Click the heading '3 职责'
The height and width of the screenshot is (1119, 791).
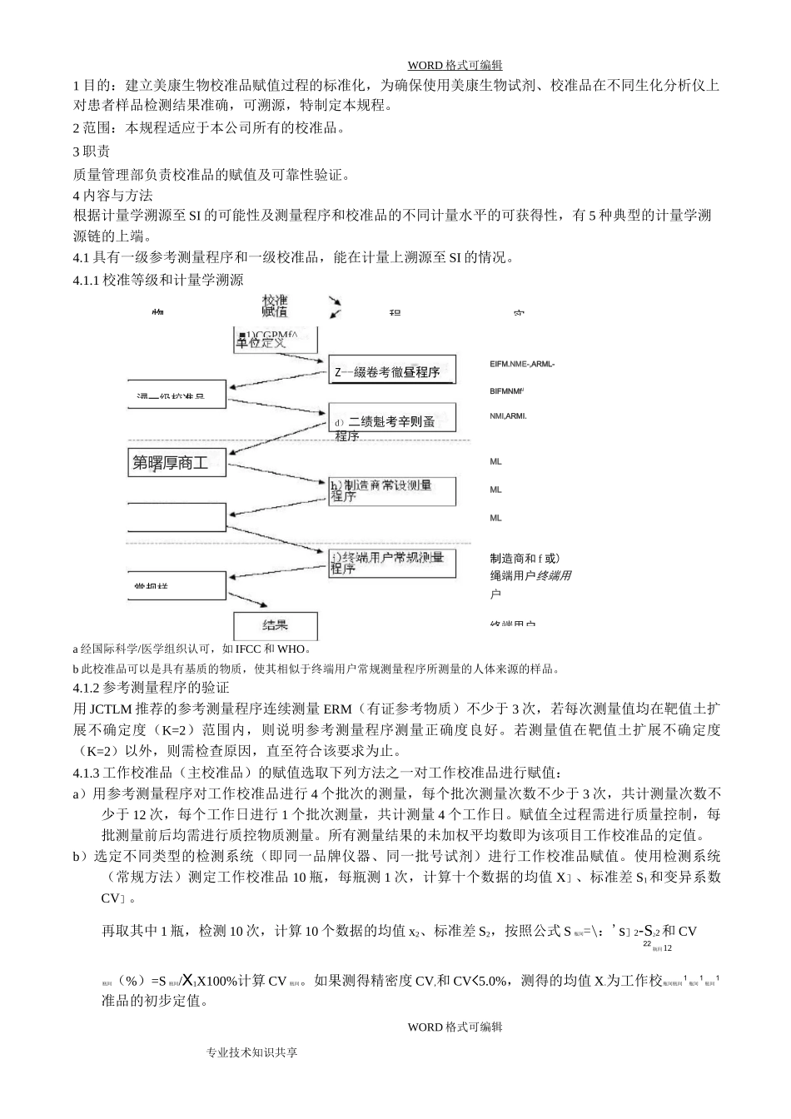click(92, 152)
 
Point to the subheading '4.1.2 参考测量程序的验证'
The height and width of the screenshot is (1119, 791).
click(151, 688)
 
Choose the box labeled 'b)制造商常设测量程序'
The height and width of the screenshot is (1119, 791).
click(391, 490)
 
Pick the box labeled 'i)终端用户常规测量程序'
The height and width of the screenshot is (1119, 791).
click(391, 563)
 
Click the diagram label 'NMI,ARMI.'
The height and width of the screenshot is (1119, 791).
click(508, 416)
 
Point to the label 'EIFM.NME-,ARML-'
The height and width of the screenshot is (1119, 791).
click(522, 364)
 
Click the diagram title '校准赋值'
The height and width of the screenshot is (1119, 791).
click(275, 306)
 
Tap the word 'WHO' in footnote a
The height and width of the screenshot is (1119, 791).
click(291, 649)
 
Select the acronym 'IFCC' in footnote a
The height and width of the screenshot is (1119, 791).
click(249, 649)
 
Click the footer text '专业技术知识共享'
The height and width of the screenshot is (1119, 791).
click(252, 1052)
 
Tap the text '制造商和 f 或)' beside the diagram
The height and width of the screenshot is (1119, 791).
click(525, 558)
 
